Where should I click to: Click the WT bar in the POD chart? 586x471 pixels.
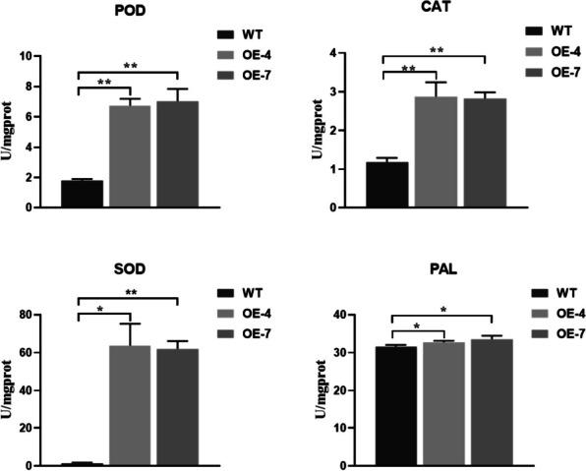82,194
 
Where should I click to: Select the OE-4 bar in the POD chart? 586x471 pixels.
130,157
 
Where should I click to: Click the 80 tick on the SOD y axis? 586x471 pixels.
30,316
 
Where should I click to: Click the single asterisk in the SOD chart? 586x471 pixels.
102,311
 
